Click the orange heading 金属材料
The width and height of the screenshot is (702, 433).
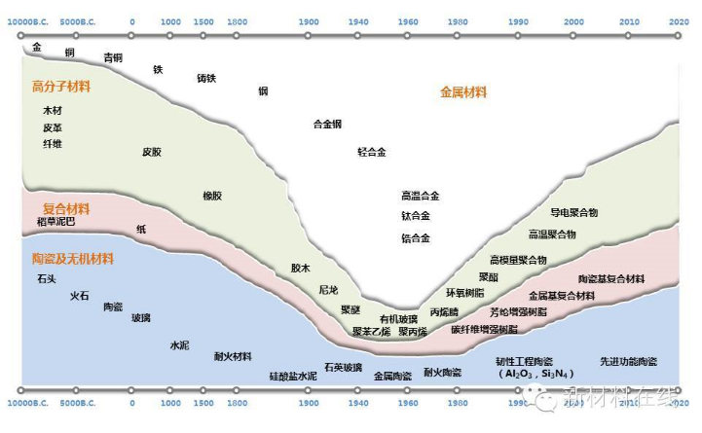(463, 92)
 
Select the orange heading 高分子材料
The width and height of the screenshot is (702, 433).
(61, 87)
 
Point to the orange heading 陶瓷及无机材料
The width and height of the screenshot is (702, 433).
(73, 259)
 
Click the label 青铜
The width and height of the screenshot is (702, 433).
(113, 57)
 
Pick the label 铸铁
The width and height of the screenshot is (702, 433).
(206, 78)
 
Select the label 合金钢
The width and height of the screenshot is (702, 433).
(327, 124)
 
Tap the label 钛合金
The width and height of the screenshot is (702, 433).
(415, 216)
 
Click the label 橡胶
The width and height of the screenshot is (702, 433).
(212, 196)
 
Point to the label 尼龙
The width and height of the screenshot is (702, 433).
(328, 290)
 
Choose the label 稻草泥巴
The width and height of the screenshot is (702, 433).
(55, 223)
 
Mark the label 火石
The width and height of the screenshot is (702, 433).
(80, 295)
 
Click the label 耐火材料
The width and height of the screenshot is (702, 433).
(233, 356)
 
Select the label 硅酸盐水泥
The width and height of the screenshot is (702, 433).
(293, 376)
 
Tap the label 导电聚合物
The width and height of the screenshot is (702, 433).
(574, 212)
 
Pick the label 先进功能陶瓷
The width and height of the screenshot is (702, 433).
(628, 361)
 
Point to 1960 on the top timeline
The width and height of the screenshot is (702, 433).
(408, 21)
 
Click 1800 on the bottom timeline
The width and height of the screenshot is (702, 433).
(237, 402)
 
